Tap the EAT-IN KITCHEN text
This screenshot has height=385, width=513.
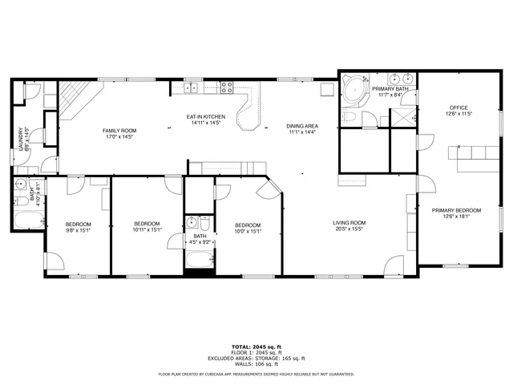click(x=206, y=117)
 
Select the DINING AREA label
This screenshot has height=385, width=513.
click(x=302, y=126)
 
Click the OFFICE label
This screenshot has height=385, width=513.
click(x=458, y=107)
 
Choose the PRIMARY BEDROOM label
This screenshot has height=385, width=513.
click(x=456, y=210)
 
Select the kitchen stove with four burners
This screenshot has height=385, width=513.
click(x=227, y=87)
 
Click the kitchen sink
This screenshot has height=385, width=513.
click(x=192, y=87)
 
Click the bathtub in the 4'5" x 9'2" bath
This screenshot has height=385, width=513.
click(x=198, y=259)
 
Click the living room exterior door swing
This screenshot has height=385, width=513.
click(x=394, y=265)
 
